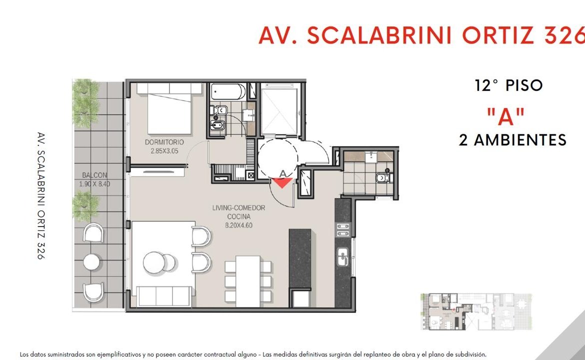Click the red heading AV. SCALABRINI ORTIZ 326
421,35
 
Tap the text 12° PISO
508,85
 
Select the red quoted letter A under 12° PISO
506,116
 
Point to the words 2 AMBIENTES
512,140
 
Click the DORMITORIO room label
164,142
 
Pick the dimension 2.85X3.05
164,151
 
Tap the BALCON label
94,175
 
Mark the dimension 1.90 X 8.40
94,184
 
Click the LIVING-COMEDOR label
238,208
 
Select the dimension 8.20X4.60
238,225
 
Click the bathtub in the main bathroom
228,92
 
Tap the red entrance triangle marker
282,183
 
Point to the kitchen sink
342,257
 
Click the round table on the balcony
91,262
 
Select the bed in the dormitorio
170,108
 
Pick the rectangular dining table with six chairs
247,281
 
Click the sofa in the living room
164,296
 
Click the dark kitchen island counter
300,259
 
